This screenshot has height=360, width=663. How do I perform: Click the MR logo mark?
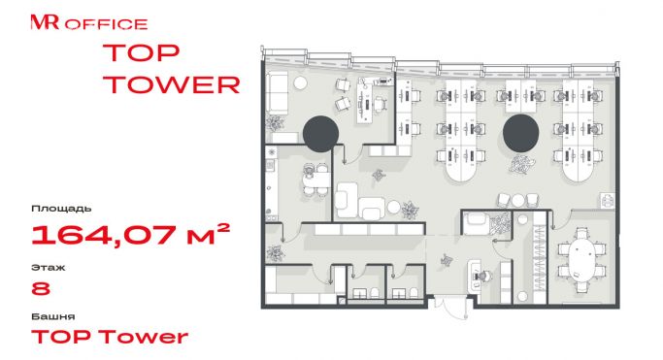tap(45, 22)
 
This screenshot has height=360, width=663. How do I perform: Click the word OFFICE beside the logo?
tap(106, 24)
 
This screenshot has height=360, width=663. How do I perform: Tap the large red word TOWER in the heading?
tap(172, 84)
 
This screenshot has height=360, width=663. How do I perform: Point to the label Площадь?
tap(61, 209)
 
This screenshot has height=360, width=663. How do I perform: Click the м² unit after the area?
tap(208, 234)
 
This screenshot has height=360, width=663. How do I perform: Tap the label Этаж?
tap(48, 268)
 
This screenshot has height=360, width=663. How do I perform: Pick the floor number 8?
tap(41, 288)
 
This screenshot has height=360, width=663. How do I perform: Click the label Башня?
tap(52, 316)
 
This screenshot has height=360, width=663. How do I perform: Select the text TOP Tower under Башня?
tap(110, 337)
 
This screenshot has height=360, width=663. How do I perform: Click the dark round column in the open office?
tap(520, 133)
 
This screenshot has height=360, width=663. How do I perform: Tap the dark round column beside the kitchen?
tap(321, 134)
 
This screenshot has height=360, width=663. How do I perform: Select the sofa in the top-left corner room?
tap(278, 92)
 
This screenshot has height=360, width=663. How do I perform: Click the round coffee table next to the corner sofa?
tap(301, 82)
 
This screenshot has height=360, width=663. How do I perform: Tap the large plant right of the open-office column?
tap(522, 164)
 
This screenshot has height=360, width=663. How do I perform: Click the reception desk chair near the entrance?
tap(483, 276)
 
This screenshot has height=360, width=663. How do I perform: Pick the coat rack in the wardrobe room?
tap(539, 258)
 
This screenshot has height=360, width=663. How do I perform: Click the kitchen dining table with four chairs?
tap(315, 180)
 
